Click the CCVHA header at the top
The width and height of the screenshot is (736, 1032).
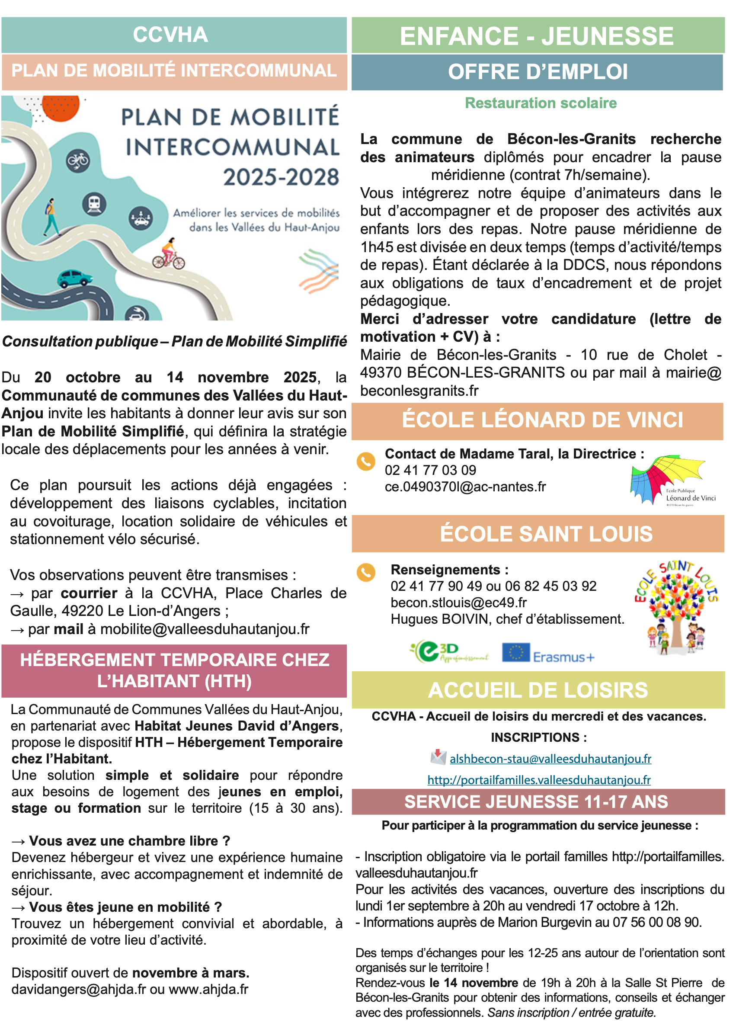click(x=170, y=35)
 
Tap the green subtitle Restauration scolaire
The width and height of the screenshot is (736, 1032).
click(x=541, y=103)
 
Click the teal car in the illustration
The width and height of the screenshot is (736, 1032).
click(x=74, y=278)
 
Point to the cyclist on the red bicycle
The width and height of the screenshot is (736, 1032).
click(x=169, y=255)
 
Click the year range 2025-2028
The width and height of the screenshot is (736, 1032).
click(x=281, y=177)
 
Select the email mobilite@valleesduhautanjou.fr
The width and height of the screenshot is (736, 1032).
click(x=205, y=629)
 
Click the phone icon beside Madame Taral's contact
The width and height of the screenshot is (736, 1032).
click(x=366, y=462)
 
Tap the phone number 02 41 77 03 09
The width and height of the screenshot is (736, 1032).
click(x=430, y=470)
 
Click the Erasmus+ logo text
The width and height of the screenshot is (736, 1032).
click(x=563, y=657)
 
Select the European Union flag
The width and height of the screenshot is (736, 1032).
click(x=516, y=652)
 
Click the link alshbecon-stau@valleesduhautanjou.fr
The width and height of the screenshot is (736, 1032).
click(x=550, y=759)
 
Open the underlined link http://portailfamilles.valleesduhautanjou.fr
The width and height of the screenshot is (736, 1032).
click(x=539, y=780)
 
